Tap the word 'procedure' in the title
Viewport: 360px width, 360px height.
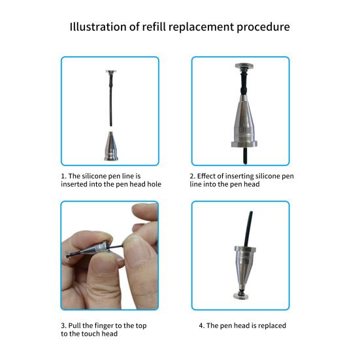click(x=259, y=27)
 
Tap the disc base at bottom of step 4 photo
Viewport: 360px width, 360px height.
click(x=240, y=299)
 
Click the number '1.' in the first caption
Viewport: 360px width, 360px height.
click(x=63, y=176)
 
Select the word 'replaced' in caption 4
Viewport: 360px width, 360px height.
click(x=270, y=325)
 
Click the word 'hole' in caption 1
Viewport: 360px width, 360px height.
click(x=151, y=184)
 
